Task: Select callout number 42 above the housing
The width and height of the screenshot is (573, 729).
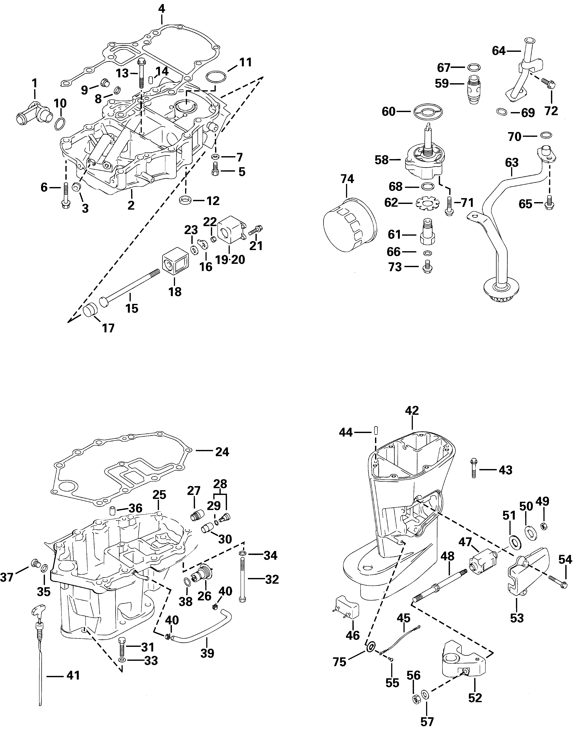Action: click(x=412, y=410)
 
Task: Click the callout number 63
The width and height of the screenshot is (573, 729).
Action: click(x=512, y=163)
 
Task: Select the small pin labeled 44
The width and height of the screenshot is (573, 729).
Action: click(x=376, y=430)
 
